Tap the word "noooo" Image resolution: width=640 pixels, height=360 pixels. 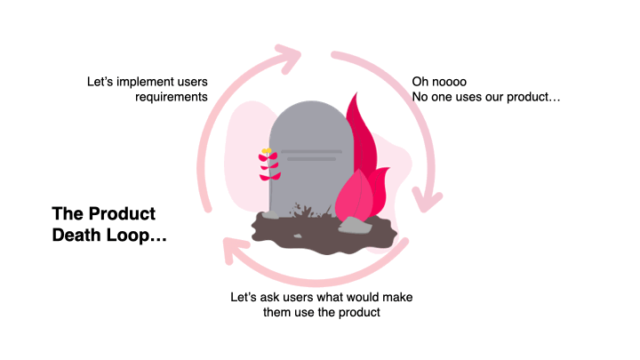(x=451, y=82)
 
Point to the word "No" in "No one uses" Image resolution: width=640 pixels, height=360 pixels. (x=420, y=97)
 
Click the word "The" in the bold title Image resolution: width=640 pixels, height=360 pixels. (x=68, y=213)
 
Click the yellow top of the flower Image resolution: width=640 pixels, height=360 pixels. (x=266, y=151)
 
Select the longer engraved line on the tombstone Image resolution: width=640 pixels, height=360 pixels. (x=310, y=151)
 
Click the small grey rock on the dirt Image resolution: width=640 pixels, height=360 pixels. (x=353, y=224)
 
